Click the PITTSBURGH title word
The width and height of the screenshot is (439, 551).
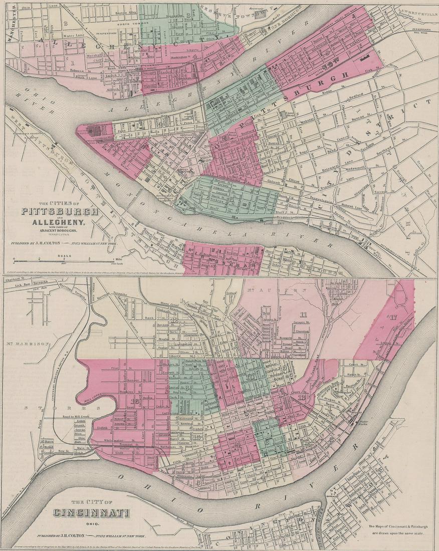tap(60, 211)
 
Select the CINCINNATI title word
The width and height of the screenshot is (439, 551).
tap(92, 513)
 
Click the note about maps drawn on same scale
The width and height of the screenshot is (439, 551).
tap(396, 529)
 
